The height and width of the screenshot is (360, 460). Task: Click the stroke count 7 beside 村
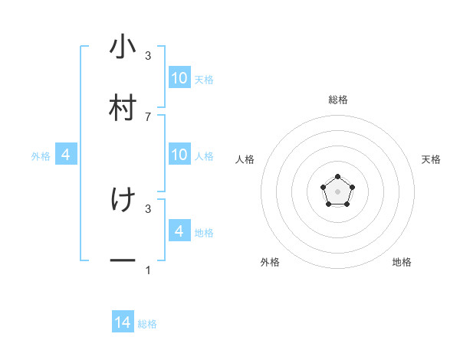[x=148, y=116]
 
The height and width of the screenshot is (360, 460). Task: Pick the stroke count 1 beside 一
[x=148, y=270]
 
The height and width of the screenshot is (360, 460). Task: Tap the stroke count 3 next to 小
[x=148, y=55]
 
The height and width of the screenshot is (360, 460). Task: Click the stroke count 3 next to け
[x=148, y=208]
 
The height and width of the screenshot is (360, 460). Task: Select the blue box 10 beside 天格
[x=179, y=78]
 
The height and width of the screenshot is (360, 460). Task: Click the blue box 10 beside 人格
[x=179, y=155]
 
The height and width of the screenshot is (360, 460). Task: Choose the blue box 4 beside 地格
[x=179, y=231]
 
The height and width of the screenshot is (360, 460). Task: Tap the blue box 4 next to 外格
[x=66, y=155]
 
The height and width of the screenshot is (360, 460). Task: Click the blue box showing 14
[x=123, y=323]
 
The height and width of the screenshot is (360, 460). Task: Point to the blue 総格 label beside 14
[x=147, y=324]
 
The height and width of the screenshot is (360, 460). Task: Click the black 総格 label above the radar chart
[x=337, y=100]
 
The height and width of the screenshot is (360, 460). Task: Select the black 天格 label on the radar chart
[x=431, y=159]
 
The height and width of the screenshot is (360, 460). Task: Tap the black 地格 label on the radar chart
[x=402, y=262]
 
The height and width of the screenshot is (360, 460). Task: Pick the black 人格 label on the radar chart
[x=245, y=159]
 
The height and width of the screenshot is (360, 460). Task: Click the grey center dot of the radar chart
[x=337, y=191]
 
